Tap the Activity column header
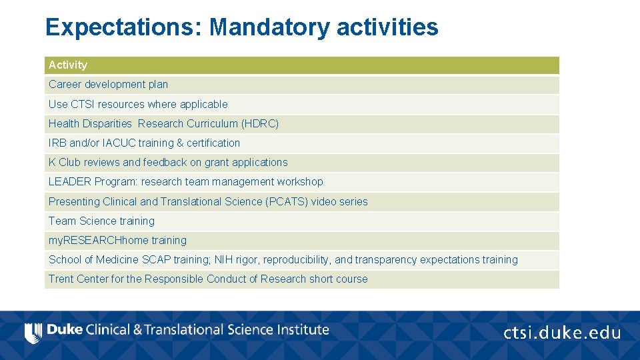tap(68, 65)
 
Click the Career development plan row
tap(108, 85)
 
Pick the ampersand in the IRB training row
tap(179, 143)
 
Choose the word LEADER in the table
tap(69, 181)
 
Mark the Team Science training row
tap(101, 221)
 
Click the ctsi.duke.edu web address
tap(562, 333)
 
